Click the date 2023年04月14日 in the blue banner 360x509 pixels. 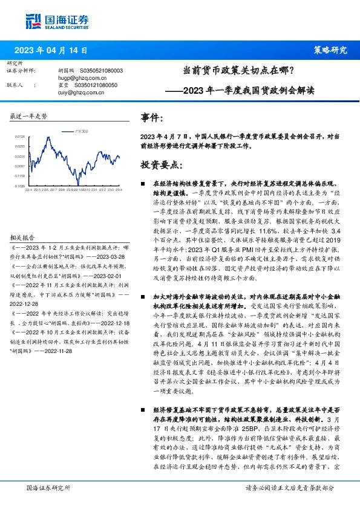(54, 50)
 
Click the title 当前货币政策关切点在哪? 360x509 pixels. (238, 71)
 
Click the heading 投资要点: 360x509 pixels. (161, 164)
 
